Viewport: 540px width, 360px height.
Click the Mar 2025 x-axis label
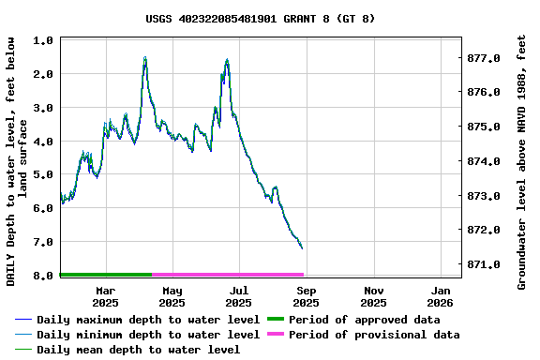(105, 296)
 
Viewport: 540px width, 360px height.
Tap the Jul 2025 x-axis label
(239, 296)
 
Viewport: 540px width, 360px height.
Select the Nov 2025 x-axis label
(373, 296)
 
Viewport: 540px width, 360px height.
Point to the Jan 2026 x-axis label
(441, 296)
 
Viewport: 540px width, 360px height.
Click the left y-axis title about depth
(17, 161)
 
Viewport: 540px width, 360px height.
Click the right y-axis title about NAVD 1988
(522, 161)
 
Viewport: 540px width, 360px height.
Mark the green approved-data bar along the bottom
(105, 275)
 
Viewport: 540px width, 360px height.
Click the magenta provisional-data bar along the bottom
(227, 275)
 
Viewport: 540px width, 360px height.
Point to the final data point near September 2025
(302, 247)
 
